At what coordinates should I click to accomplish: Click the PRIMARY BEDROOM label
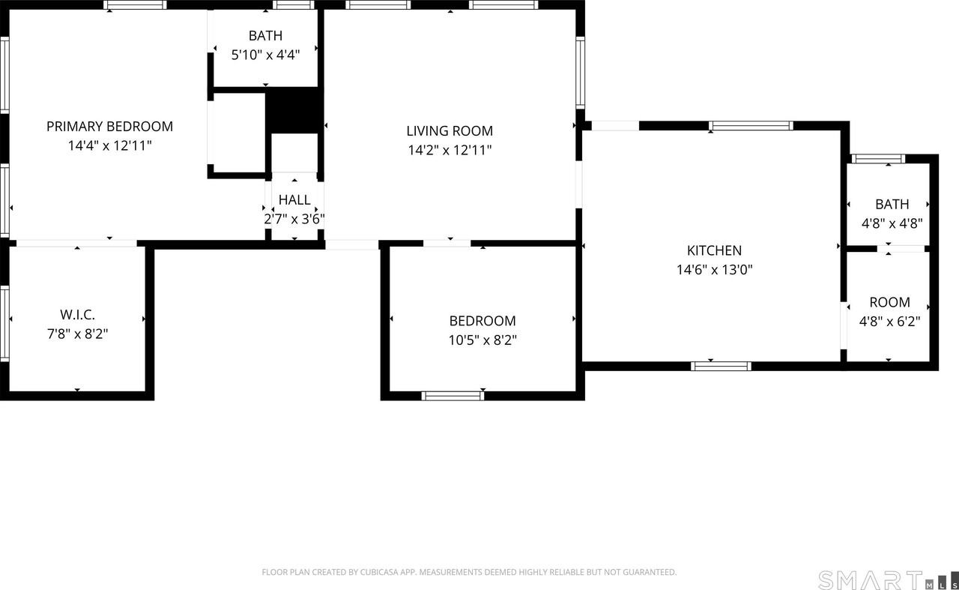[109, 126]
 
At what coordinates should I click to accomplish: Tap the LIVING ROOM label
[450, 131]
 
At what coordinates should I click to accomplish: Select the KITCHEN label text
[714, 250]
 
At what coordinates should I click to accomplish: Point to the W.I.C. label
[77, 315]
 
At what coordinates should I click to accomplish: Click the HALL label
[294, 199]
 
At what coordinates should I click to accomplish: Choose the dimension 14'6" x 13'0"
[714, 270]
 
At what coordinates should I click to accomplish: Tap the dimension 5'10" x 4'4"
[265, 55]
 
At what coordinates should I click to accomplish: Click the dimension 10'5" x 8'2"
[482, 340]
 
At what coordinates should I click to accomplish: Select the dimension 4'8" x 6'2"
[889, 322]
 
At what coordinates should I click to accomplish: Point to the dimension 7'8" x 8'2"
[77, 334]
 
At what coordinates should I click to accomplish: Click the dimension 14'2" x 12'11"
[450, 150]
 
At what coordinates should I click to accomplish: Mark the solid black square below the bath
[293, 110]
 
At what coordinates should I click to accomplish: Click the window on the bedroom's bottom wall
[453, 396]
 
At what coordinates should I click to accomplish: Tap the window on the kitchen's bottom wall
[721, 366]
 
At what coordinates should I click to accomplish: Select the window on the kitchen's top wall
[751, 126]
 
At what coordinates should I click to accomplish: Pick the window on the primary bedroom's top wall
[135, 4]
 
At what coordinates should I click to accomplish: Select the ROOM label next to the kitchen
[889, 302]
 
